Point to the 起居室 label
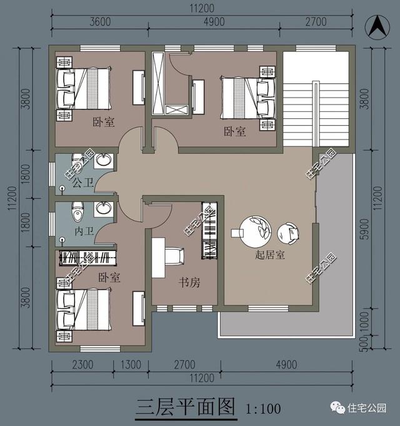click(270, 255)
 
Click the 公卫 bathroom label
click(81, 183)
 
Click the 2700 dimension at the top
click(316, 22)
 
